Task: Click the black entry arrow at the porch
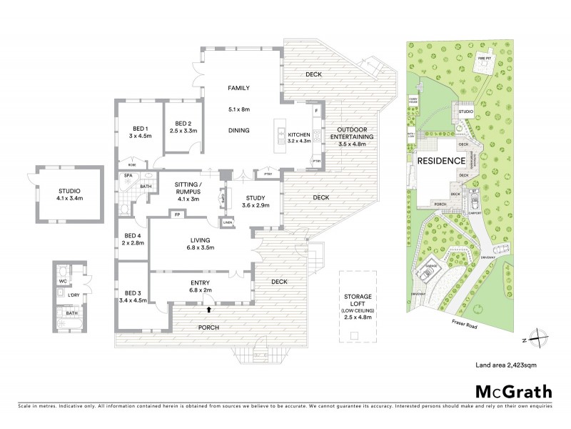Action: coord(208,310)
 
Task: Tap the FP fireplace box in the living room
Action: coord(176,214)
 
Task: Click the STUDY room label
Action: coord(256,198)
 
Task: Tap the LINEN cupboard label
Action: coord(228,223)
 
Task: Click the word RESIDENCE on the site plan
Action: coord(440,161)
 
